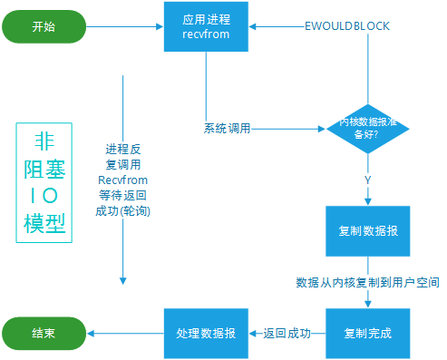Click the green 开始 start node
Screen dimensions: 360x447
[43, 26]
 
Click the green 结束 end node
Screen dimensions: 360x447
[43, 333]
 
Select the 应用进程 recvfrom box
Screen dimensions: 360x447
[206, 26]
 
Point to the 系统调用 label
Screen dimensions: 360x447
[227, 129]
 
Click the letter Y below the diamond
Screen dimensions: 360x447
[367, 180]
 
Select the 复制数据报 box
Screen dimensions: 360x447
[367, 230]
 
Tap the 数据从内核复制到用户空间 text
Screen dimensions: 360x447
[367, 283]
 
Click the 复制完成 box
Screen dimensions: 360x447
[367, 333]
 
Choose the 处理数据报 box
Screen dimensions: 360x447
[206, 333]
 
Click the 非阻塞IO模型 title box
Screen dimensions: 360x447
[44, 181]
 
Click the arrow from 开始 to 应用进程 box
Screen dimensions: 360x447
[125, 26]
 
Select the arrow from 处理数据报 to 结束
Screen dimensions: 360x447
[125, 333]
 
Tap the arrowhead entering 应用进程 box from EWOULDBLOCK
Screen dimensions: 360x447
[255, 26]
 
